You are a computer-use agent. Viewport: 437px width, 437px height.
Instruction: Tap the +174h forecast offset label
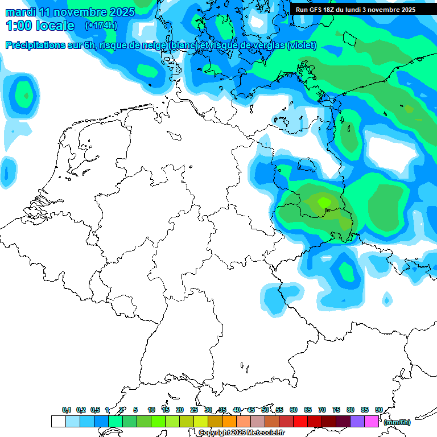101,26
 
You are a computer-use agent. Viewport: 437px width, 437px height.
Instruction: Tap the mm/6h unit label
397,422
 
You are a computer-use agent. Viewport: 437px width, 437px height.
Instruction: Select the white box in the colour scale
58,422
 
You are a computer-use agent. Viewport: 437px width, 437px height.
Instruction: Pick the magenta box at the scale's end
372,422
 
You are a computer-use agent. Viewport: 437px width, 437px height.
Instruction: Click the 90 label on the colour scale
378,410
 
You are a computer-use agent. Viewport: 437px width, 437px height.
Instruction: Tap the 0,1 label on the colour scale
67,410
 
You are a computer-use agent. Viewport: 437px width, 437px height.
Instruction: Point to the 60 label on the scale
294,410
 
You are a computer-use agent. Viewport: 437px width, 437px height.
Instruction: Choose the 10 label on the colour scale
151,410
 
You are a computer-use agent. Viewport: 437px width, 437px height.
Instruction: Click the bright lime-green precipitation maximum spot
323,201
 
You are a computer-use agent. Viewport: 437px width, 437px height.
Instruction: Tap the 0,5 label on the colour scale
94,410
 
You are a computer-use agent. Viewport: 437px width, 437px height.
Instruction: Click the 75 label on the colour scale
336,410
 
